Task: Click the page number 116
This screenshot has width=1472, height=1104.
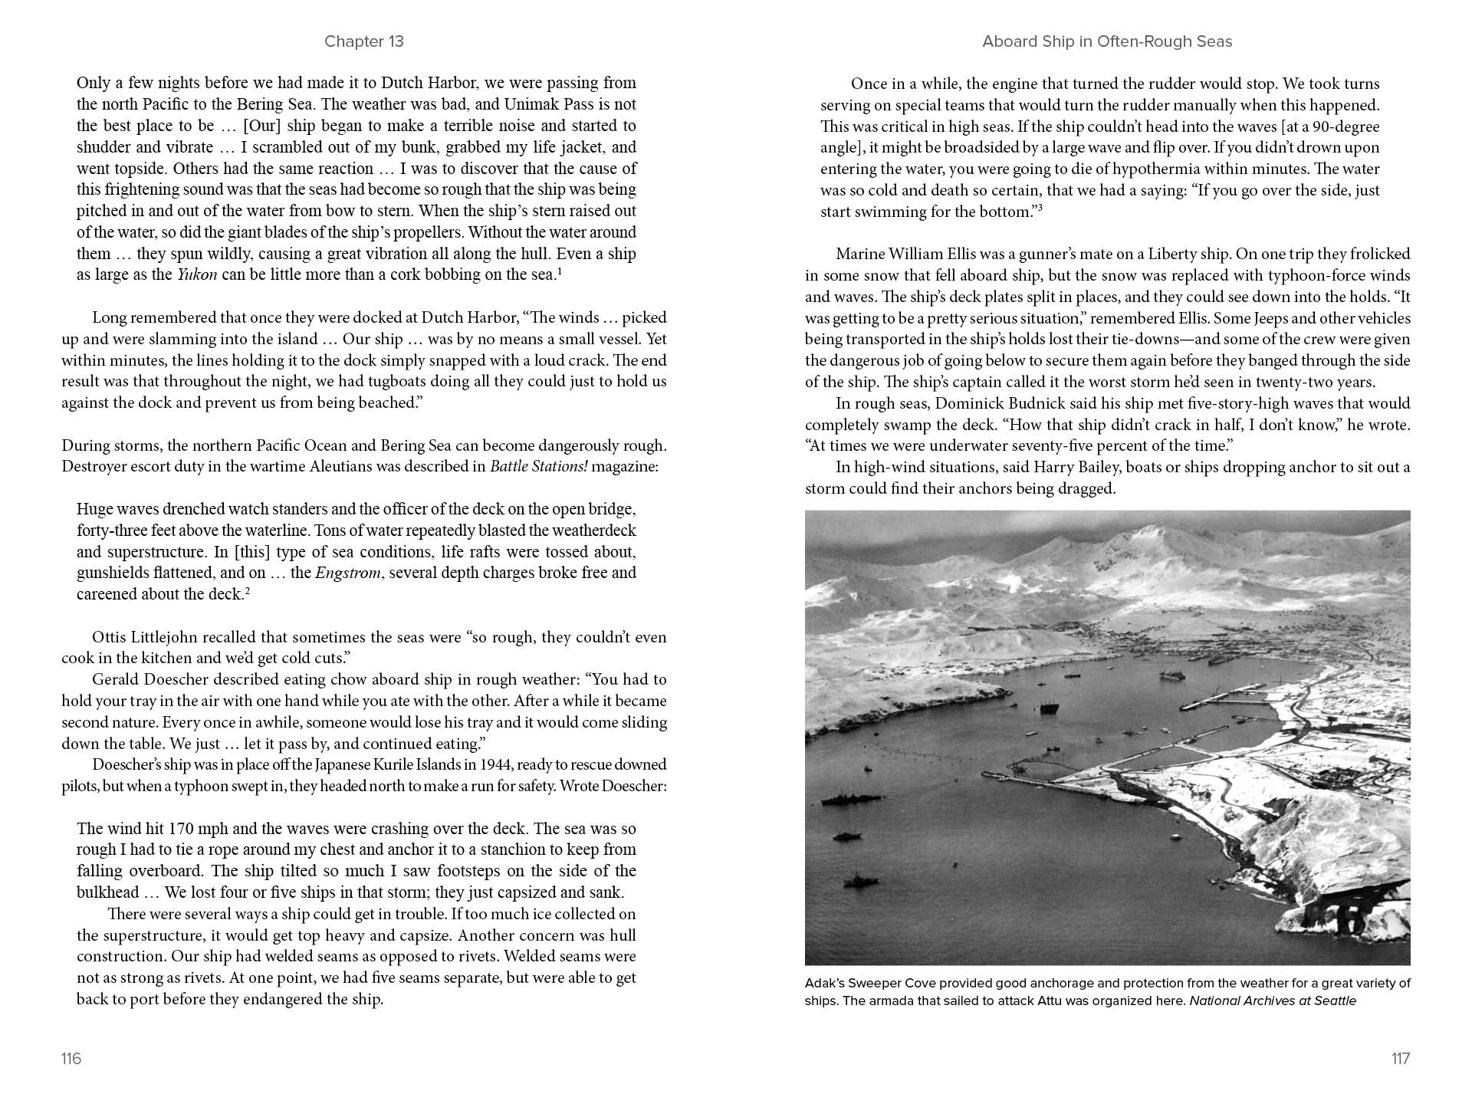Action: point(71,1059)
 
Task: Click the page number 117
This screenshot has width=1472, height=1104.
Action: point(1400,1059)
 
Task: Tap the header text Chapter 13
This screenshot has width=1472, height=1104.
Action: point(363,41)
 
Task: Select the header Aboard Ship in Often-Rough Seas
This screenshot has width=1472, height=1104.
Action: point(1107,41)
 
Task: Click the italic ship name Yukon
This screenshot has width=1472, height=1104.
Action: point(196,274)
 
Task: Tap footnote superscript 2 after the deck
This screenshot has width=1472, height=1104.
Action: point(248,590)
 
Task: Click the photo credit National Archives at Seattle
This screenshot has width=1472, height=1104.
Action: point(1273,1001)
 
